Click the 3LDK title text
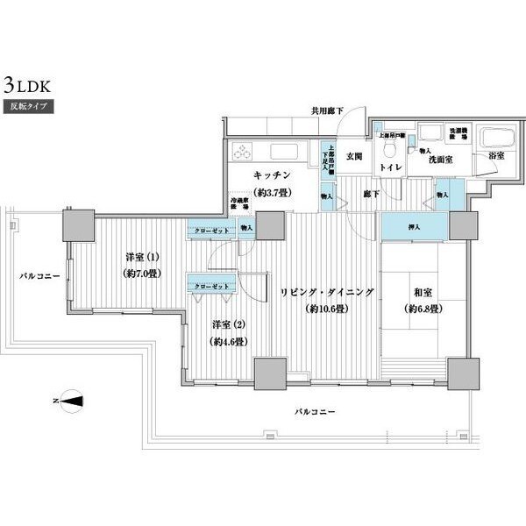point(31,87)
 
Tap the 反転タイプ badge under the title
point(31,107)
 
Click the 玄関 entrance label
point(353,157)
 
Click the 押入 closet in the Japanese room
point(413,226)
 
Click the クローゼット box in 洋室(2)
point(209,286)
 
